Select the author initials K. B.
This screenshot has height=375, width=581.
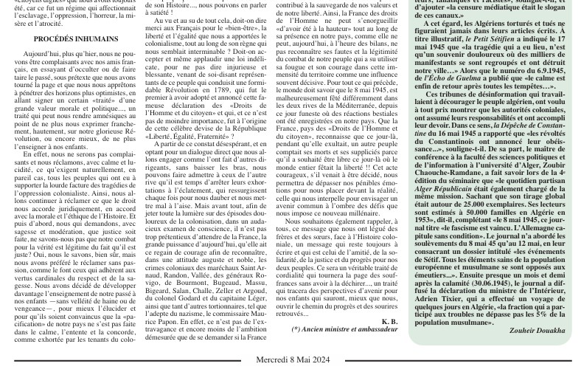coord(389,321)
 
